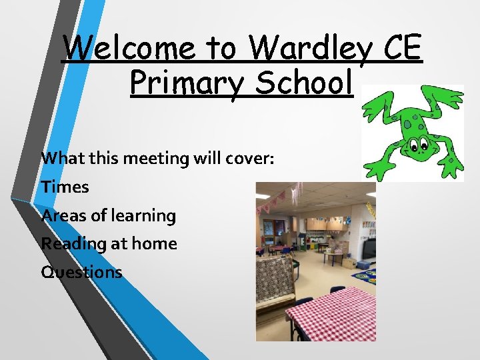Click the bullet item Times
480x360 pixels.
click(x=65, y=187)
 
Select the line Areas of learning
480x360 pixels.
click(x=109, y=216)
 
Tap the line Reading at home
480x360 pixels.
click(x=109, y=244)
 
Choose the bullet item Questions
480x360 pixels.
click(x=81, y=272)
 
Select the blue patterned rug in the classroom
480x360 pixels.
click(x=365, y=273)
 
